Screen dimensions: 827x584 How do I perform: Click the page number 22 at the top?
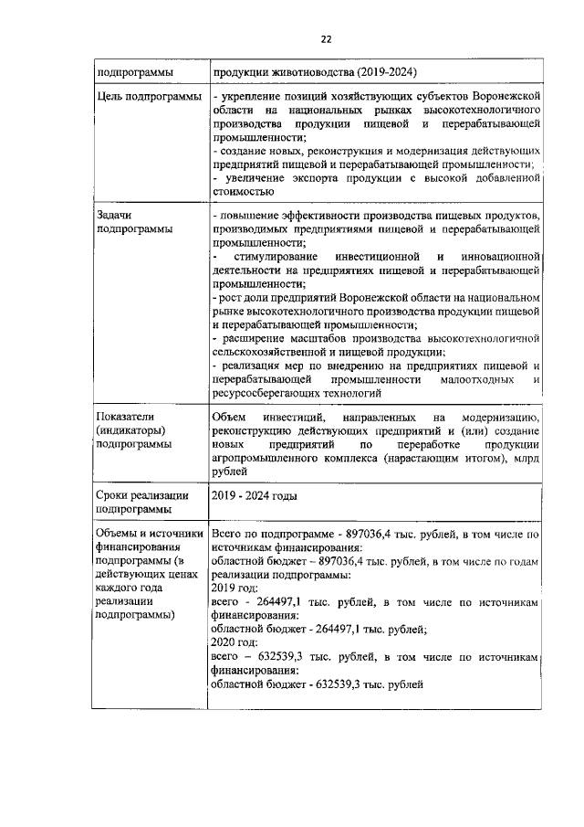tap(326, 38)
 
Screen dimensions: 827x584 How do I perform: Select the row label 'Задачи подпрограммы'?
tap(134, 222)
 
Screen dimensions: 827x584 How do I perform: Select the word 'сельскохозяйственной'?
tap(271, 352)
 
